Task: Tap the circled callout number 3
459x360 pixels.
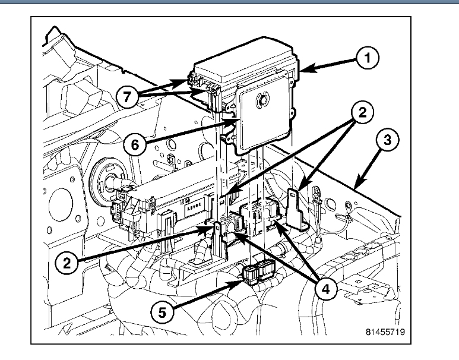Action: [x=387, y=141]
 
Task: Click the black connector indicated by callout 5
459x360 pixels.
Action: [x=257, y=274]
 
